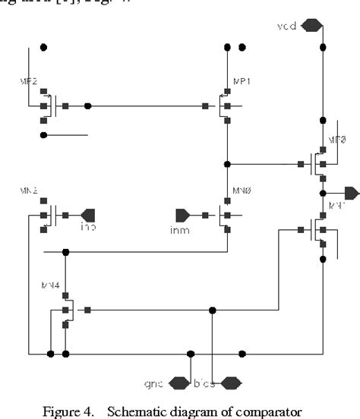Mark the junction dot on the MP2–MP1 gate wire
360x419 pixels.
(x=88, y=106)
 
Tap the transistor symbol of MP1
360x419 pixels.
(x=223, y=106)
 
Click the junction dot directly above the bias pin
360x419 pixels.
(x=212, y=310)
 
